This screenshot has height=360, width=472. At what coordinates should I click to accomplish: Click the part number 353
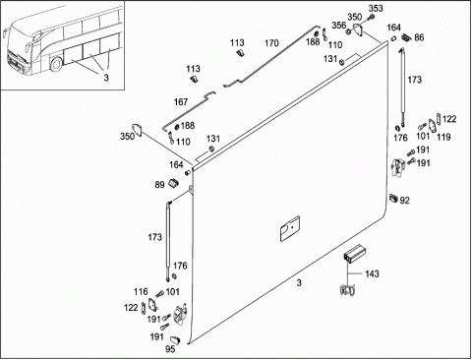(376, 8)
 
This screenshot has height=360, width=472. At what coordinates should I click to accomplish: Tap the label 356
(339, 26)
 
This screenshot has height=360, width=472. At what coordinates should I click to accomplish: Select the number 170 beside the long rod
(271, 43)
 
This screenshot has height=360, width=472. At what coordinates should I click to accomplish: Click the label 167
(181, 102)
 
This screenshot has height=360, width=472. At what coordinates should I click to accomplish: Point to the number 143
(372, 273)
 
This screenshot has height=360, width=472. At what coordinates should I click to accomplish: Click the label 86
(419, 37)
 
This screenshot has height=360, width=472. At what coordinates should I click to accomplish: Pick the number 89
(159, 185)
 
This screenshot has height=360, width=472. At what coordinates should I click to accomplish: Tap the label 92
(405, 200)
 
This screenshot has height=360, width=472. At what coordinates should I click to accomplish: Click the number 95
(170, 349)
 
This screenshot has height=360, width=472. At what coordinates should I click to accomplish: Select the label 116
(141, 291)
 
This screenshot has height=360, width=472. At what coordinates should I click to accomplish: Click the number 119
(443, 137)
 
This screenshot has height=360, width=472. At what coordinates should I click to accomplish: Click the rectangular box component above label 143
(354, 253)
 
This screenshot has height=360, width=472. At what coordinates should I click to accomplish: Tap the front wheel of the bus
(56, 64)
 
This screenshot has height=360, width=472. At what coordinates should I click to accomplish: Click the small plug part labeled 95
(175, 339)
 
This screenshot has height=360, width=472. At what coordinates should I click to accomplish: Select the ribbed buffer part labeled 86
(406, 36)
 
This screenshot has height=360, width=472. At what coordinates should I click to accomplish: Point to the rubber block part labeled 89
(173, 183)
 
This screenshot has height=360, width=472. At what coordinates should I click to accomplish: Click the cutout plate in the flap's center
(290, 228)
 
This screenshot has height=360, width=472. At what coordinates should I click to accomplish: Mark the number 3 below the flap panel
(299, 282)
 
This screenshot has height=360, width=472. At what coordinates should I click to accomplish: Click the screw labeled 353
(372, 17)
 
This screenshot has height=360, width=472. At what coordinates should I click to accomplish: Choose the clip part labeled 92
(393, 198)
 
